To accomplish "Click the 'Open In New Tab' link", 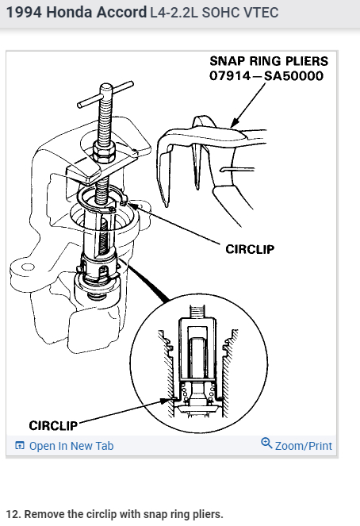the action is (71, 446).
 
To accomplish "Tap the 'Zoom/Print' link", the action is (304, 446).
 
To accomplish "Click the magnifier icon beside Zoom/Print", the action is (266, 443).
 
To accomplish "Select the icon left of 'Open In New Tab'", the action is (20, 446).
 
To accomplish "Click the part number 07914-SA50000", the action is (266, 76).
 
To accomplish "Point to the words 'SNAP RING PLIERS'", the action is (269, 61).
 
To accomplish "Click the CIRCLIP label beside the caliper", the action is (250, 249).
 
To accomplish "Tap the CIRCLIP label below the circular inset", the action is (53, 426).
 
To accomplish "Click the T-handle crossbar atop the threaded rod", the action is (105, 94).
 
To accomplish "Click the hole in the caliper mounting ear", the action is (28, 267).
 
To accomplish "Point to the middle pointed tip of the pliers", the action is (197, 186).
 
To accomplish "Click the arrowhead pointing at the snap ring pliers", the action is (236, 123).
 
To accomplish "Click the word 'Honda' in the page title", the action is (70, 13).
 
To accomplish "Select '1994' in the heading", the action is (24, 13).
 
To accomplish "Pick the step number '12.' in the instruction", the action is (13, 514).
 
